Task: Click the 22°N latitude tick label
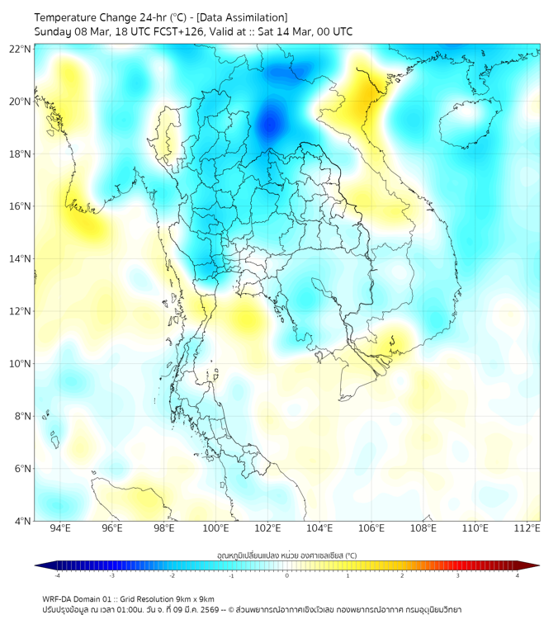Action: click(x=21, y=49)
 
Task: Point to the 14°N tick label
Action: click(x=21, y=259)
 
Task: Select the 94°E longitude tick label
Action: click(x=60, y=528)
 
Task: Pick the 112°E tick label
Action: click(x=527, y=528)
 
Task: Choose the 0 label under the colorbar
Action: click(x=287, y=576)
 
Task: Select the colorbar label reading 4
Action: click(x=518, y=576)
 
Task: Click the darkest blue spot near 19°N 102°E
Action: click(x=270, y=124)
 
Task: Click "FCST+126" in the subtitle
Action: click(x=178, y=31)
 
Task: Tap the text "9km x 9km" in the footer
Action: click(x=195, y=599)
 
